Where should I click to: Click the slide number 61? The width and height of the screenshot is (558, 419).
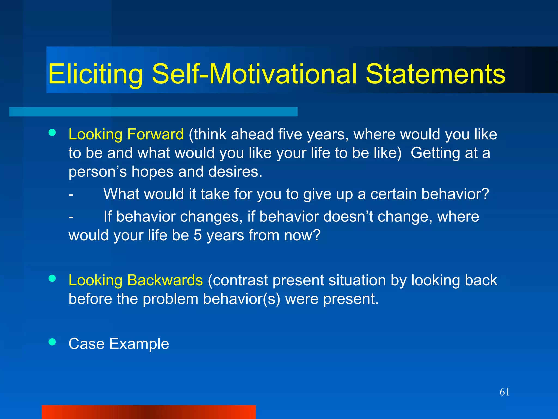coord(505,392)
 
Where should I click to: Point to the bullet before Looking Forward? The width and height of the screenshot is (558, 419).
coord(52,133)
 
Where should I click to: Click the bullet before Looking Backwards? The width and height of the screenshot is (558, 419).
coord(52,278)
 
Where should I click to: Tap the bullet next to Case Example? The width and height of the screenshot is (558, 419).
coord(52,342)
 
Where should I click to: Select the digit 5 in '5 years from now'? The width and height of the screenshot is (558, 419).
coord(198,235)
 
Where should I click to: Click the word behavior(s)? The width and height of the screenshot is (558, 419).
coord(241,299)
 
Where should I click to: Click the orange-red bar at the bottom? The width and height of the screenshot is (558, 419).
coord(148,412)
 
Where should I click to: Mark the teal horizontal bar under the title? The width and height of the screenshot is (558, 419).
coord(153,112)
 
